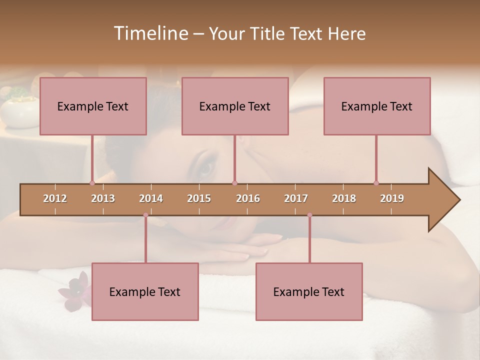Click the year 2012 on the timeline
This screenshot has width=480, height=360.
(55, 198)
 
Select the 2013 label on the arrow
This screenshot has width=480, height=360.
(103, 198)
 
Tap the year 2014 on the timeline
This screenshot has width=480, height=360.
(151, 198)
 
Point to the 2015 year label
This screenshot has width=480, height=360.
(199, 198)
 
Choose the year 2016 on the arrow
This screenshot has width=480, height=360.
(248, 198)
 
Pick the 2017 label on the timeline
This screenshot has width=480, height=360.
(296, 198)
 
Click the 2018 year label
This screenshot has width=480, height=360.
(344, 198)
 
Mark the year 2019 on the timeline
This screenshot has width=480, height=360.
(392, 198)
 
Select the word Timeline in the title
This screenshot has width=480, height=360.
(150, 33)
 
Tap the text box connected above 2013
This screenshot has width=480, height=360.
(93, 106)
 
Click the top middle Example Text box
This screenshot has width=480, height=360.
(235, 106)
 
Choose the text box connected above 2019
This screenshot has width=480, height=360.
(377, 106)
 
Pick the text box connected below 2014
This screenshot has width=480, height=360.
(145, 291)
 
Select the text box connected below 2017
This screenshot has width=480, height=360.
(309, 291)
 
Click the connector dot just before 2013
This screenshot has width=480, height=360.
(92, 183)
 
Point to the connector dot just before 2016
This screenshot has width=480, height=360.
(234, 183)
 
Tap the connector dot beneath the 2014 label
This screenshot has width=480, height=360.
(145, 215)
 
